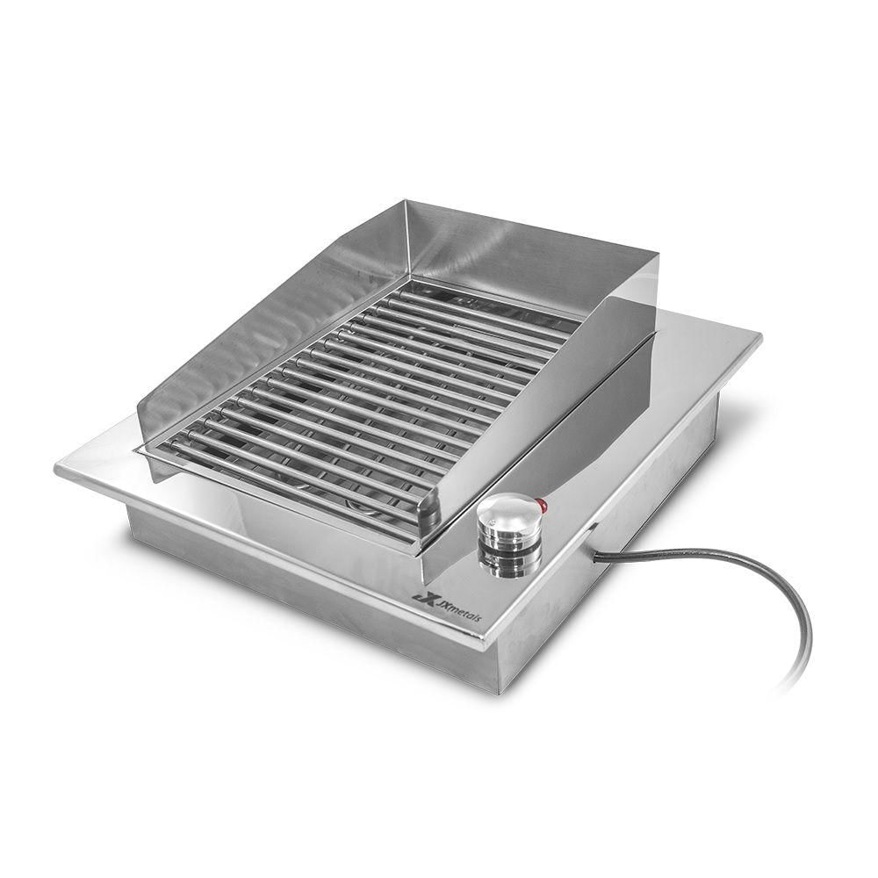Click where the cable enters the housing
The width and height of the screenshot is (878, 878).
tap(594, 554)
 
